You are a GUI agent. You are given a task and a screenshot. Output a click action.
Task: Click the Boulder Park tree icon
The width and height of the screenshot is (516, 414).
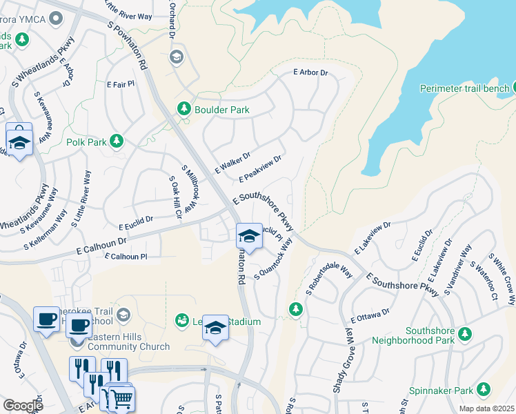pyautogui.click(x=183, y=108)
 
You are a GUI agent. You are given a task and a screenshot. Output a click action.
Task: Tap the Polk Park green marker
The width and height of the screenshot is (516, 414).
pyautogui.click(x=117, y=141)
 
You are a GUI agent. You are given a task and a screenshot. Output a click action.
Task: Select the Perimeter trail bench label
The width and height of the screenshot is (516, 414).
pyautogui.click(x=466, y=88)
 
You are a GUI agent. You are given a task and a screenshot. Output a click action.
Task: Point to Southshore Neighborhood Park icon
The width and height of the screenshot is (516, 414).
pyautogui.click(x=465, y=334)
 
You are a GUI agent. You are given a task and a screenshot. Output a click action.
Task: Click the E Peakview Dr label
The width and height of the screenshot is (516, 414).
pyautogui.click(x=260, y=169)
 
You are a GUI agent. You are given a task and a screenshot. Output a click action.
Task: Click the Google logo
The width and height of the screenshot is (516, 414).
pyautogui.click(x=23, y=406)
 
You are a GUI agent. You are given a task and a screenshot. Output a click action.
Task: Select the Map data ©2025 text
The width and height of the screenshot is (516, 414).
pyautogui.click(x=486, y=408)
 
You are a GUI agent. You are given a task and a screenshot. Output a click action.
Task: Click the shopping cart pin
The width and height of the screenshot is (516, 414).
pyautogui.click(x=121, y=398)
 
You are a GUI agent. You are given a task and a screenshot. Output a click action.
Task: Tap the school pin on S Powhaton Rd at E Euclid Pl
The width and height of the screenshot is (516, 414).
pyautogui.click(x=248, y=237)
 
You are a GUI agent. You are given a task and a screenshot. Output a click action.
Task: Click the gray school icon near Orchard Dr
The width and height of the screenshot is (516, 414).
pyautogui.click(x=176, y=56)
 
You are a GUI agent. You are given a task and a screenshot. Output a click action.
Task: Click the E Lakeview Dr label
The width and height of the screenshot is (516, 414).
pyautogui.click(x=373, y=237)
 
